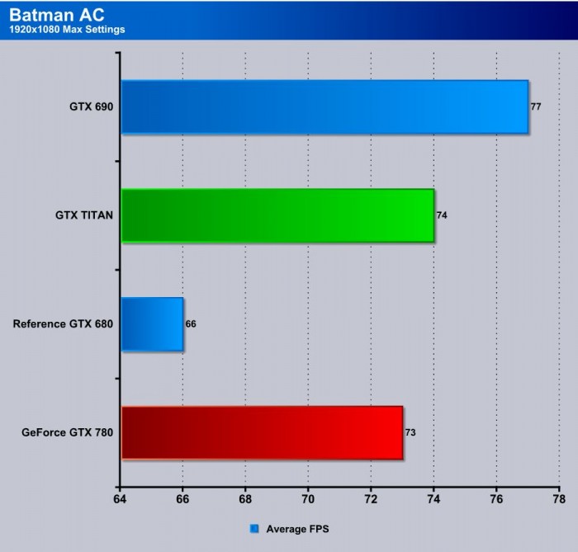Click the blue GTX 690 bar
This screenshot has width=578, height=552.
click(x=325, y=106)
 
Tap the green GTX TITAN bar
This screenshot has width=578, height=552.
click(x=277, y=215)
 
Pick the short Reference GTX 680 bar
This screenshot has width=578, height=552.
click(x=152, y=324)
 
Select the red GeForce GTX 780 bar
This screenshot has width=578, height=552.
click(x=262, y=432)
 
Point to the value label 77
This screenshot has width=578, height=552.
click(x=535, y=107)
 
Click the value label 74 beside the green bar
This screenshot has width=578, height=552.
click(x=442, y=215)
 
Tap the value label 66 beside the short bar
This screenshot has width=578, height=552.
click(x=191, y=324)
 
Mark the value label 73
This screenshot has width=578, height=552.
click(x=410, y=432)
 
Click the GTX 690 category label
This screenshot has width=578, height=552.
click(x=92, y=107)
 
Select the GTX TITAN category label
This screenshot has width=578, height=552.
click(x=80, y=215)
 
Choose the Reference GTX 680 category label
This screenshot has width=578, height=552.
click(x=63, y=324)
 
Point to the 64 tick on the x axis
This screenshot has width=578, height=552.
click(x=121, y=499)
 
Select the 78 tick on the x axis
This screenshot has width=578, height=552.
click(x=559, y=499)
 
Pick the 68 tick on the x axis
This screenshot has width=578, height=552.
click(x=245, y=499)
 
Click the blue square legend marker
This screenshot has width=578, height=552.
click(x=253, y=528)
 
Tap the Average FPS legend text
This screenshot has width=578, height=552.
click(x=297, y=528)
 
